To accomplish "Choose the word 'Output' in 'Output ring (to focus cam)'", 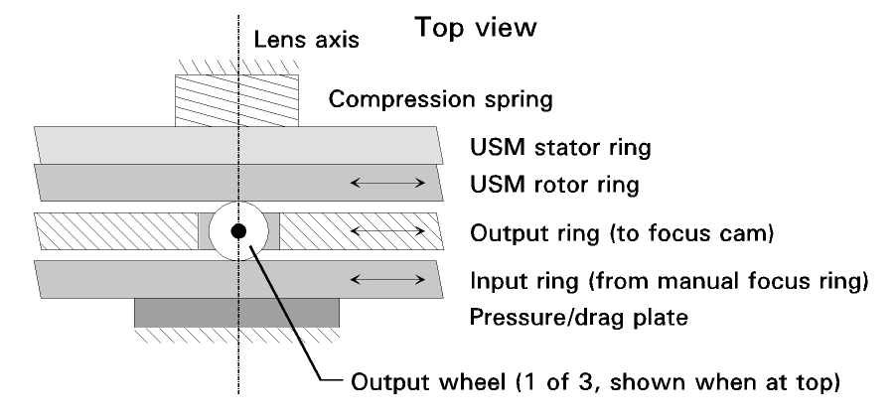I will click(503, 233).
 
